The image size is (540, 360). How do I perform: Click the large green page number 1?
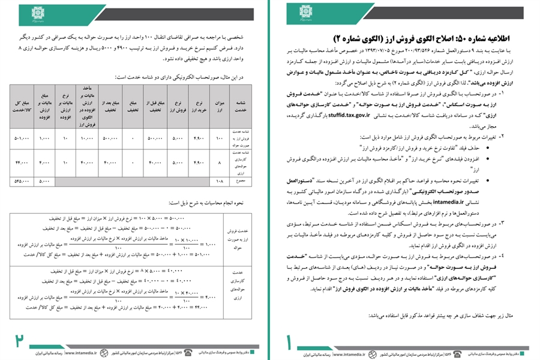coord(289,340)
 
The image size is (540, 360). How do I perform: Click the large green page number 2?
coord(20,340)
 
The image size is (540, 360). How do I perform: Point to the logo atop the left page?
coord(37,12)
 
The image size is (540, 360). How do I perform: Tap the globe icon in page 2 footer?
coord(104,354)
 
